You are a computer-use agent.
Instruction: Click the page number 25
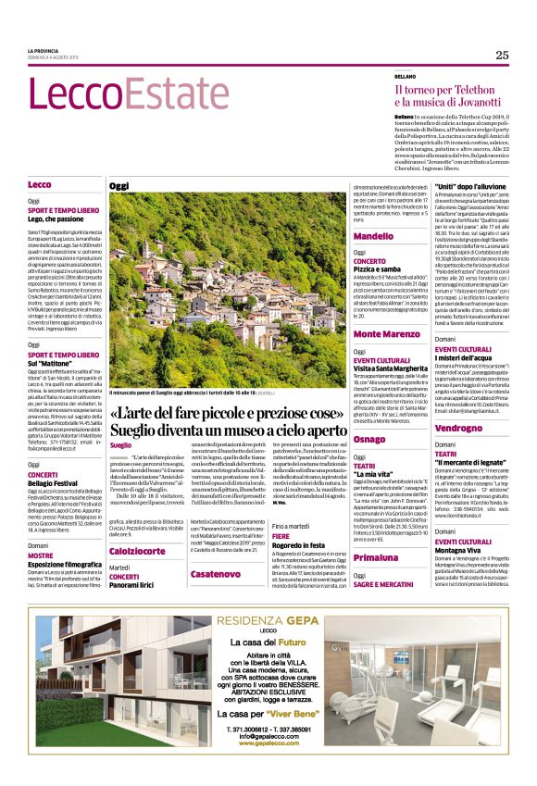[x=501, y=55]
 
